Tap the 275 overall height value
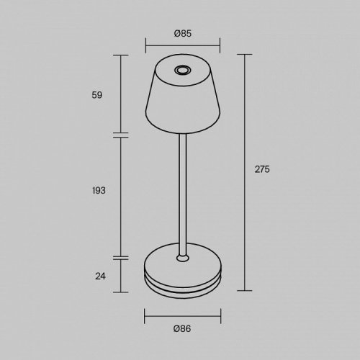262,169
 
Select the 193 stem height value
99,190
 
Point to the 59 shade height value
99,94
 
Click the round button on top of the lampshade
180,70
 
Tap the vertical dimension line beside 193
120,194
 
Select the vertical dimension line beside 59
120,94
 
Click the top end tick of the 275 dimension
246,55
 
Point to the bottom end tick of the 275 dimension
246,290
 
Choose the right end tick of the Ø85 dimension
220,48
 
